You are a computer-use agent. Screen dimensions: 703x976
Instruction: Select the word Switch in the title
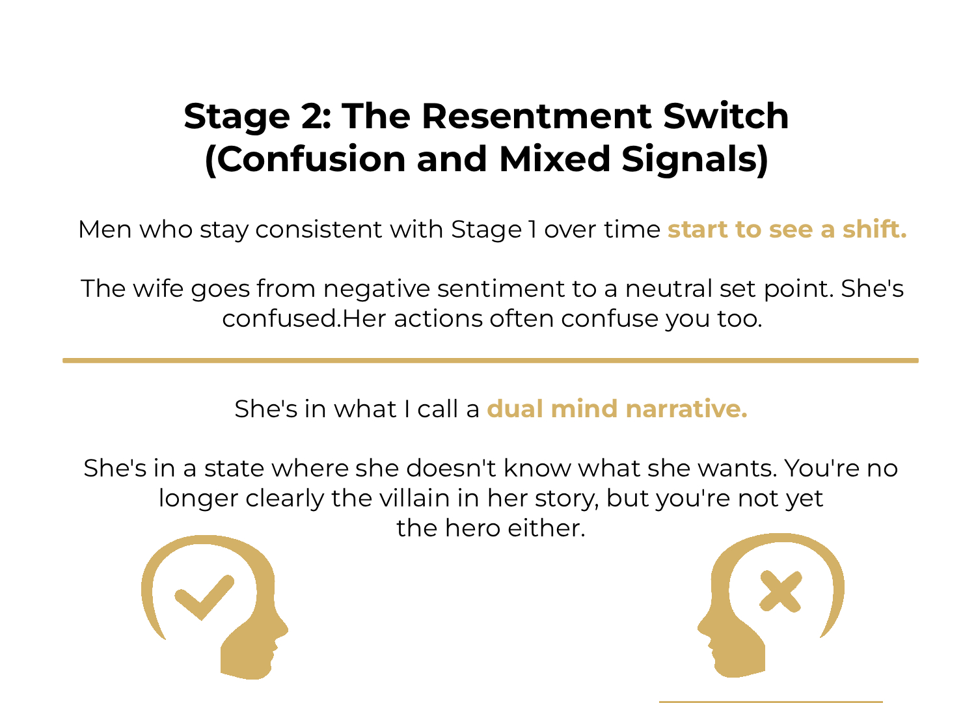point(726,117)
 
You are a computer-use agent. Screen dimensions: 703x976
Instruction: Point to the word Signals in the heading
point(695,159)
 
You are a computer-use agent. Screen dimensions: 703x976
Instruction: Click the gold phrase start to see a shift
point(787,229)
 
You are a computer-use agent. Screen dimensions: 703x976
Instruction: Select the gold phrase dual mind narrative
point(617,409)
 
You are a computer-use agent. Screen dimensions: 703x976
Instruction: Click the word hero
point(473,528)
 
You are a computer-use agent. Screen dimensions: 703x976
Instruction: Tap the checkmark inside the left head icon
point(204,596)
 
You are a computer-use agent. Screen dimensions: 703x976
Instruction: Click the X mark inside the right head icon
point(781,592)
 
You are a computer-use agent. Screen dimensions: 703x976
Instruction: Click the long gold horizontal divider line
point(490,360)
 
